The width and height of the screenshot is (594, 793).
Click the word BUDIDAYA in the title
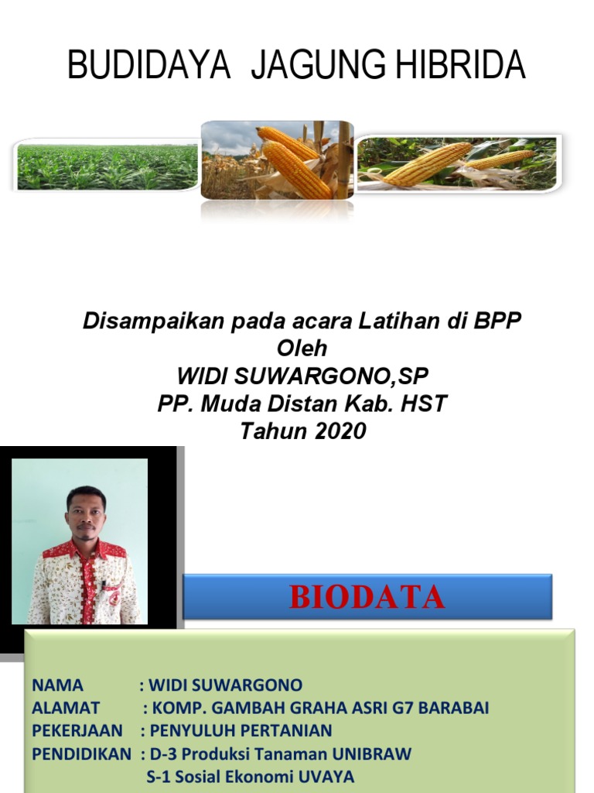[x=148, y=64]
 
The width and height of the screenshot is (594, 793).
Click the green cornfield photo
[x=106, y=166]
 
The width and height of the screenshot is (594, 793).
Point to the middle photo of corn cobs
[x=278, y=160]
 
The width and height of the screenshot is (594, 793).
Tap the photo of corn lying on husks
[x=459, y=163]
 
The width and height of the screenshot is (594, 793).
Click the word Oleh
[x=302, y=348]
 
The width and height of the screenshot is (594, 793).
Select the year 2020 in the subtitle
[x=340, y=431]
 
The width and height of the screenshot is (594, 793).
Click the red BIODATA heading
[x=367, y=597]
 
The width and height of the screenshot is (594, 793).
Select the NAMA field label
[x=57, y=685]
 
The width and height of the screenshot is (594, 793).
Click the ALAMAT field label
[x=66, y=708]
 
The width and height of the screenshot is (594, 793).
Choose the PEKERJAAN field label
[x=77, y=731]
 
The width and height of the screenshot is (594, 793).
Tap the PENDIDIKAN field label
[x=81, y=754]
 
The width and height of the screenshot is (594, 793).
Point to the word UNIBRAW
[x=371, y=754]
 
